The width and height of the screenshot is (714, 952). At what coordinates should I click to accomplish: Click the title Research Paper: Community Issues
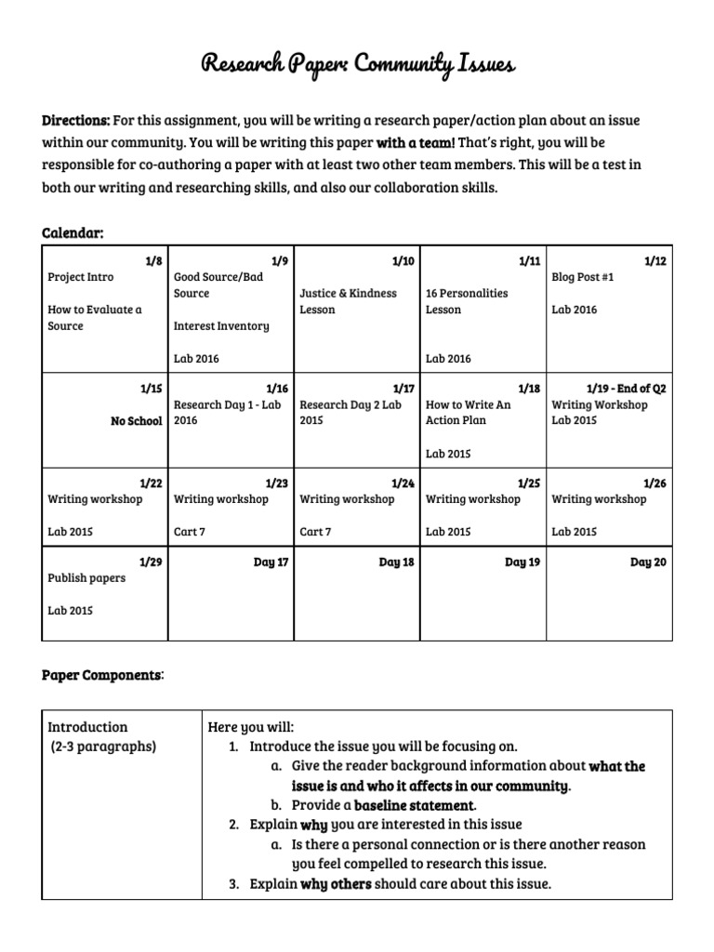click(357, 64)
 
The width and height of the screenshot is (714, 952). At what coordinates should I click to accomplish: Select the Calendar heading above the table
click(72, 232)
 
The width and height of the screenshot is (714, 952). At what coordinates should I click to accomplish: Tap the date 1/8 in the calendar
click(153, 262)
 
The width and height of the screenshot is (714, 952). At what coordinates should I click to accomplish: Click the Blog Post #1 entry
click(583, 277)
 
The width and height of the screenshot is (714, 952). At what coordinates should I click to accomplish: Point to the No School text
click(136, 421)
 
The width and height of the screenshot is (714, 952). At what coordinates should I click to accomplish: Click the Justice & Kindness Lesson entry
click(348, 301)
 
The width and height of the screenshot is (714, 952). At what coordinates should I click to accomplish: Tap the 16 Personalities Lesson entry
click(467, 301)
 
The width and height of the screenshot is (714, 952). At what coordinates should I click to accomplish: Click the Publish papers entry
click(86, 578)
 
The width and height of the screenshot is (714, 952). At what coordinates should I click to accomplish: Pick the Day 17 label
click(271, 562)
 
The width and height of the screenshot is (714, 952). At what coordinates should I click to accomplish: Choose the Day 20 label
click(648, 562)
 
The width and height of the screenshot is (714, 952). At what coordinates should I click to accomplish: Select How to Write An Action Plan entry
click(468, 413)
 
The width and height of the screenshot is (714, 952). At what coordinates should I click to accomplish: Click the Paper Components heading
click(101, 675)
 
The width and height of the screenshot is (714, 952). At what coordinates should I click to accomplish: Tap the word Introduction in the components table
click(87, 727)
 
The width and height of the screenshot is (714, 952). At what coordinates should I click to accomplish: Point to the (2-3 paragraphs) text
click(103, 747)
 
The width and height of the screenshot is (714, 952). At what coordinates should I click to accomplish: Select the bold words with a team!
click(416, 144)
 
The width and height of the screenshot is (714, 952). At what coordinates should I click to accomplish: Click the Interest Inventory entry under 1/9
click(221, 326)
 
